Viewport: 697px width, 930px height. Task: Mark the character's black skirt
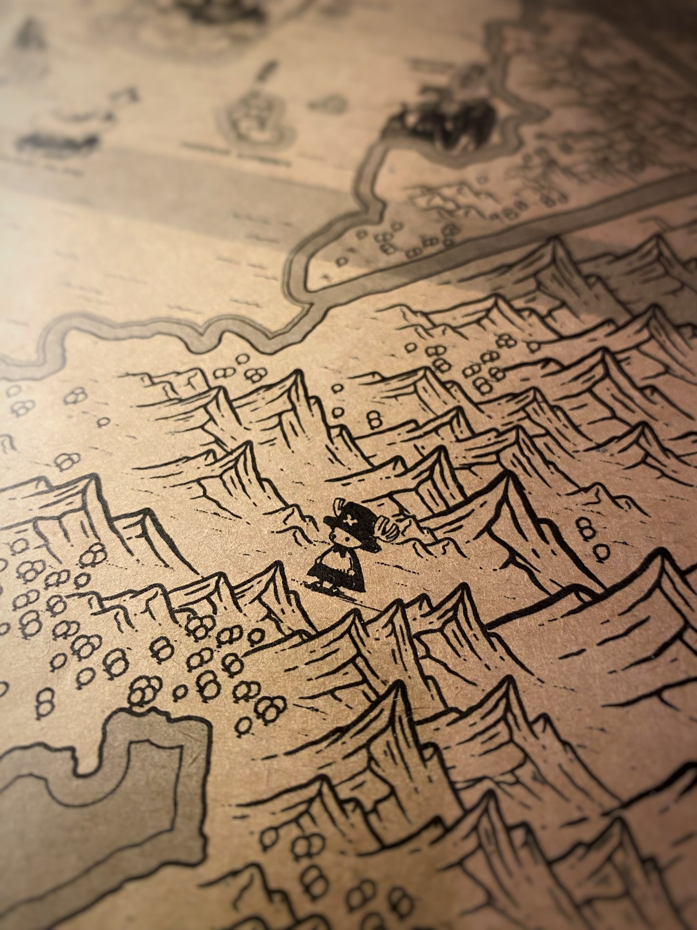pyautogui.click(x=338, y=569)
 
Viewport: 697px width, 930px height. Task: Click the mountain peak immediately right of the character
pyautogui.click(x=504, y=478)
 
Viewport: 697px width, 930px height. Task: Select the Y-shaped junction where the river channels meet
pyautogui.click(x=309, y=299)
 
